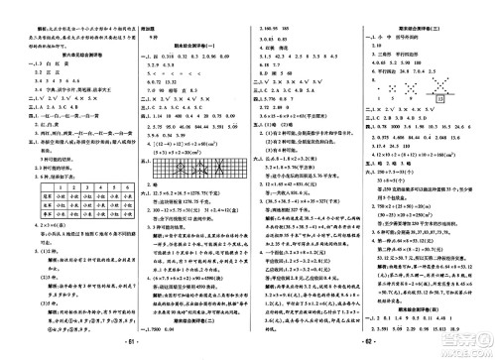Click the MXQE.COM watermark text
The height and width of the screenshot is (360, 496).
pos(464,349)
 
